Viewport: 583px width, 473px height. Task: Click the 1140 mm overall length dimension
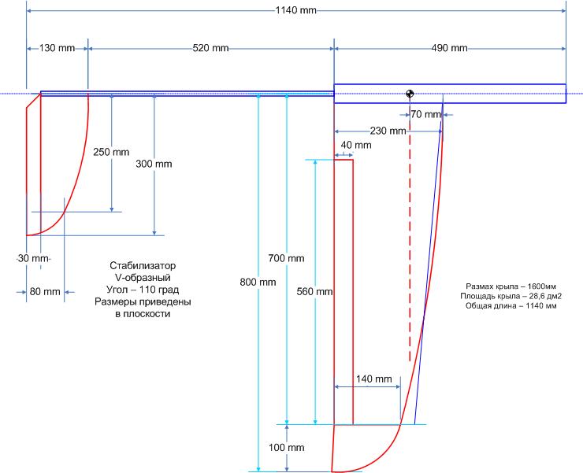pyautogui.click(x=296, y=10)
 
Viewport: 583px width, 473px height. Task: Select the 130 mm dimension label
pyautogui.click(x=58, y=48)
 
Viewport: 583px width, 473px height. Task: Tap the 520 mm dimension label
pyautogui.click(x=211, y=48)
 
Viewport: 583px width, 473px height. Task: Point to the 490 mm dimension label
pyautogui.click(x=450, y=48)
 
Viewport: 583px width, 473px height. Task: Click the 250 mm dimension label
pyautogui.click(x=110, y=152)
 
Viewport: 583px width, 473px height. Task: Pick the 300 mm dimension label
pyautogui.click(x=154, y=164)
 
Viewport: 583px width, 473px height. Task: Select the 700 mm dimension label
pyautogui.click(x=286, y=258)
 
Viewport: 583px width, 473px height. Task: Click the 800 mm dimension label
pyautogui.click(x=259, y=281)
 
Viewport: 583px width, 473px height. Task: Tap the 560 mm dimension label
pyautogui.click(x=315, y=291)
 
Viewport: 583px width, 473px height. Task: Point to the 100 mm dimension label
pyautogui.click(x=287, y=448)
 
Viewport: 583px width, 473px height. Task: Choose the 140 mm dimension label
pyautogui.click(x=373, y=379)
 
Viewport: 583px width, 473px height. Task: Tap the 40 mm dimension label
pyautogui.click(x=357, y=146)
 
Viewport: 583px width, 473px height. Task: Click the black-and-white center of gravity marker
pyautogui.click(x=410, y=94)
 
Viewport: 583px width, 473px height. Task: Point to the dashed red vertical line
pyautogui.click(x=410, y=236)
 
